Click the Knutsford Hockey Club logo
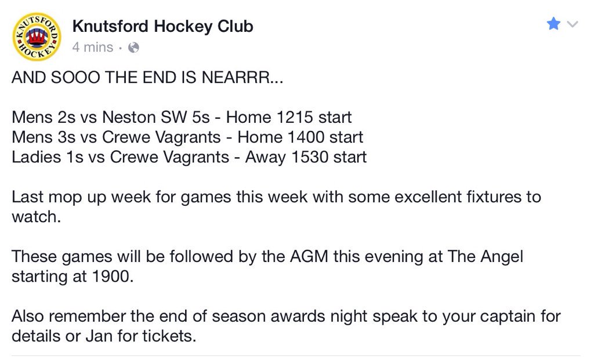36,36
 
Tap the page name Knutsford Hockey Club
162,27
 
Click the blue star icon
554,24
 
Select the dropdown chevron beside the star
573,25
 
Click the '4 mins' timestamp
93,48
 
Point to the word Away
265,157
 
